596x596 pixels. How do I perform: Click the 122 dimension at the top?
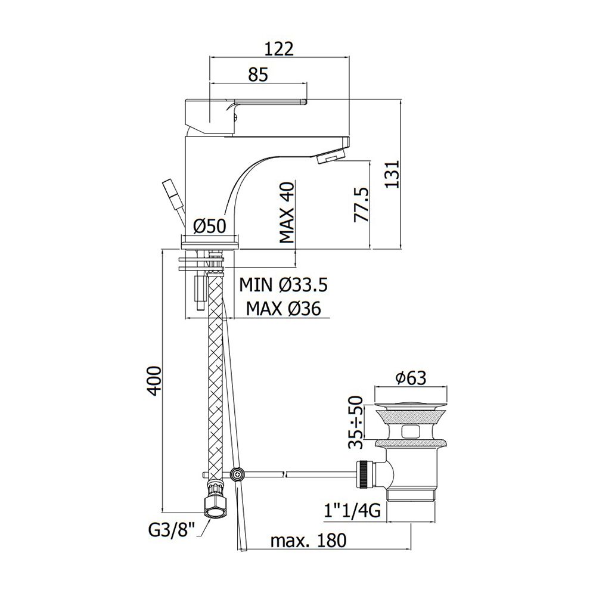click(x=280, y=49)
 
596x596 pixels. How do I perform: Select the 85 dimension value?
click(x=258, y=74)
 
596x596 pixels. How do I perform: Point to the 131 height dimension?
click(x=392, y=174)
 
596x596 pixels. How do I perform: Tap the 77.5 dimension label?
click(x=362, y=204)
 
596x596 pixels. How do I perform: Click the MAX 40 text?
click(x=287, y=213)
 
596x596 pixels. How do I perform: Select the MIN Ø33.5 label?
click(x=283, y=285)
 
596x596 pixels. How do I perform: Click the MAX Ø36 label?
click(x=283, y=309)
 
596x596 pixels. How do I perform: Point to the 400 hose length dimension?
click(x=154, y=381)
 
